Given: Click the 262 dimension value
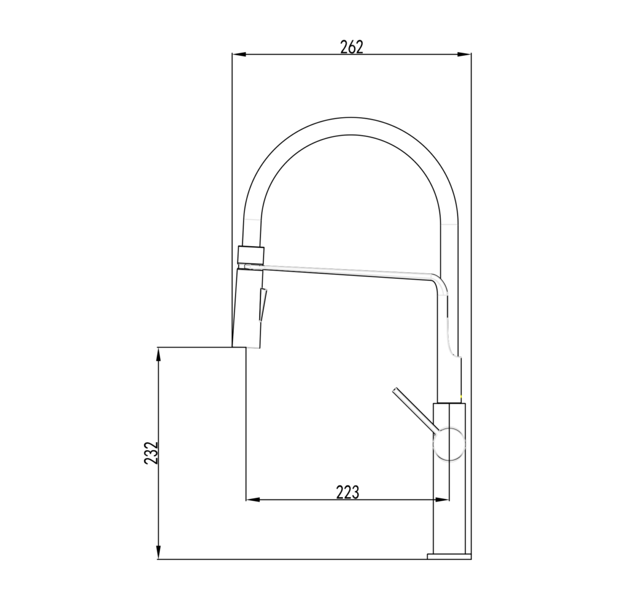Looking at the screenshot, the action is click(351, 46).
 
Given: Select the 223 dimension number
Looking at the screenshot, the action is click(348, 492).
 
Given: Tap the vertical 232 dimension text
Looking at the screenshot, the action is click(151, 453).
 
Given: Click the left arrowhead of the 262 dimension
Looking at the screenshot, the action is click(239, 54).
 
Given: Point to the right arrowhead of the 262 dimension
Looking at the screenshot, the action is click(464, 54).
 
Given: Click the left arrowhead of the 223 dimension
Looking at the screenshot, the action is click(253, 500).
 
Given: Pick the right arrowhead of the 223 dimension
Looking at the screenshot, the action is click(441, 500).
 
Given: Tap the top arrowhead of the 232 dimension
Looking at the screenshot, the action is click(159, 354).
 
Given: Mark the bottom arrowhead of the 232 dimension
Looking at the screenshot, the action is click(159, 552).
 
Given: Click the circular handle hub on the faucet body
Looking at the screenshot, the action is click(449, 444).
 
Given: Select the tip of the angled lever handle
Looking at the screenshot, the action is click(394, 390).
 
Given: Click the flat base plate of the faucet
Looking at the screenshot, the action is click(449, 556).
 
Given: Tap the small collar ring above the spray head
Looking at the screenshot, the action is click(250, 254).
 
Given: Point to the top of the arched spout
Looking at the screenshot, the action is click(351, 117).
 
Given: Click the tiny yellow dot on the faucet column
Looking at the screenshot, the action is click(461, 397).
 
